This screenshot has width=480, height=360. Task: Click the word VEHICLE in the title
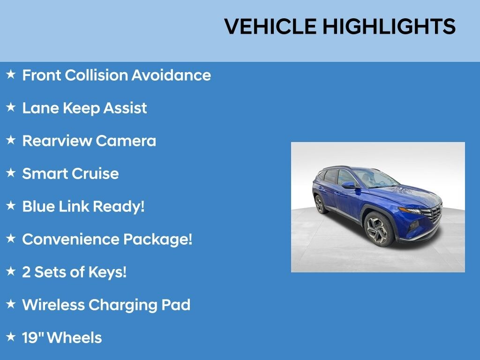(x=270, y=26)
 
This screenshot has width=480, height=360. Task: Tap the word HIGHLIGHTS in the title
(x=389, y=26)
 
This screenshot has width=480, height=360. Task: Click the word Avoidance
(x=171, y=75)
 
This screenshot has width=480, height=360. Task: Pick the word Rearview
(x=57, y=141)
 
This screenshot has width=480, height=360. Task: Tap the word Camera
(x=126, y=141)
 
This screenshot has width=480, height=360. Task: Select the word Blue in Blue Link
(x=38, y=206)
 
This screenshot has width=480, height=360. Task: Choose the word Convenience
(x=70, y=239)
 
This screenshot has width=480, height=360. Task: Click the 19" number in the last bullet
(x=33, y=337)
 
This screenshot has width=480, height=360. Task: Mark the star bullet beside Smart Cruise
(x=11, y=172)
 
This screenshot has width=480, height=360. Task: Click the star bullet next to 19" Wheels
(x=11, y=337)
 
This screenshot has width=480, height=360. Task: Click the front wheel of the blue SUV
(x=378, y=228)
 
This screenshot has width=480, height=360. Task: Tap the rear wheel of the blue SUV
(x=320, y=204)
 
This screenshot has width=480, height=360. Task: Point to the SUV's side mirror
(x=349, y=185)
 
